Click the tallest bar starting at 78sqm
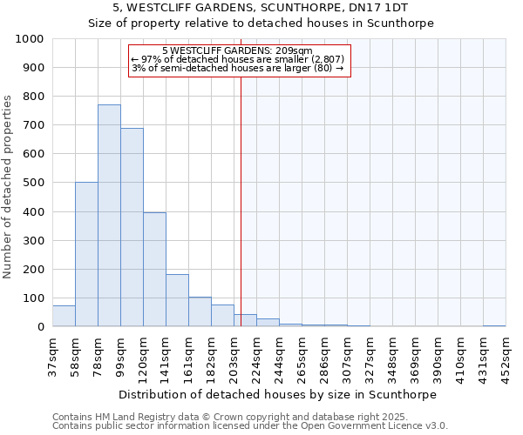[109, 216]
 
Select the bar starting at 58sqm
[86, 254]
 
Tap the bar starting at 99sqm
[132, 227]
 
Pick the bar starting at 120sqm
[154, 270]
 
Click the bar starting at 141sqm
[177, 300]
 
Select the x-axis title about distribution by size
[261, 394]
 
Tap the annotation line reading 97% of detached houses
[238, 59]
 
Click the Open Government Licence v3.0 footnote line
[250, 426]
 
